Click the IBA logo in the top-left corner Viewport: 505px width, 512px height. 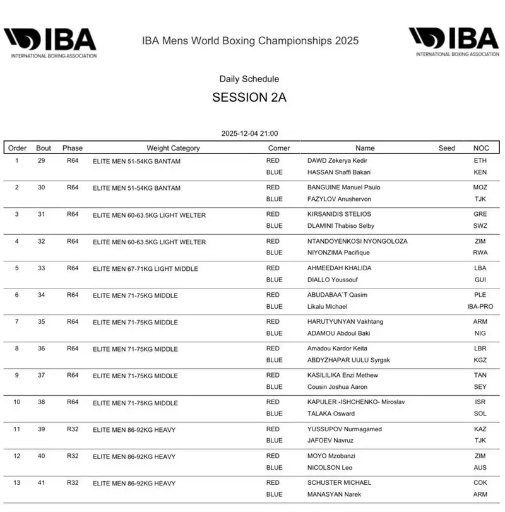coord(50,43)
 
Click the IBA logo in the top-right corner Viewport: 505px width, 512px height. coord(454,42)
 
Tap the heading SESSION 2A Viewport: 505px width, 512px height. coord(249,98)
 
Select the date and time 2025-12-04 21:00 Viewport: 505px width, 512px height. coord(249,134)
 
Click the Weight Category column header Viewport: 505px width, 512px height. coord(173,148)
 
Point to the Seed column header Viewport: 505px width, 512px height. coord(446,148)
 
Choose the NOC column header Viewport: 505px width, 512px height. coord(481,148)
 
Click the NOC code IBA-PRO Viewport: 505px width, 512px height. coord(480,306)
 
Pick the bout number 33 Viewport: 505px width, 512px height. coord(44,268)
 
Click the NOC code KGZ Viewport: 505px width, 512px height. coord(480,360)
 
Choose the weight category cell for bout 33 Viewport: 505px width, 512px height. coord(145,269)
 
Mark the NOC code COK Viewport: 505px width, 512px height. coord(480,483)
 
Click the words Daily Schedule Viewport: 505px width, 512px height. coord(249,79)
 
